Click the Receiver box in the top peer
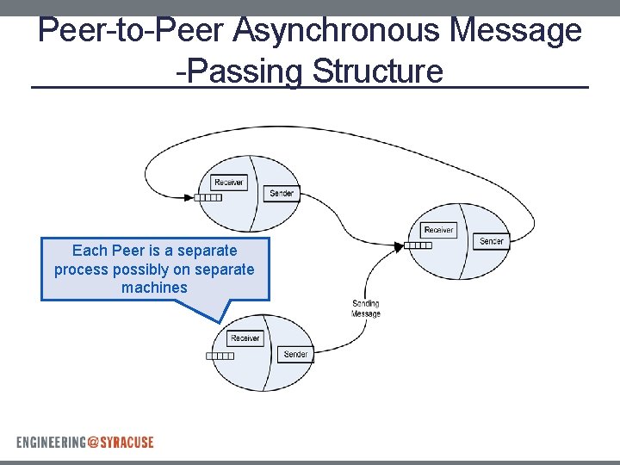pyautogui.click(x=228, y=183)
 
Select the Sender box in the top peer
pyautogui.click(x=282, y=194)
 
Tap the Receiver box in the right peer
pyautogui.click(x=438, y=230)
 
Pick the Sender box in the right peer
pyautogui.click(x=491, y=241)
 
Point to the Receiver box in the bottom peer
pyautogui.click(x=245, y=338)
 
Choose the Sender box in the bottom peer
pyautogui.click(x=295, y=354)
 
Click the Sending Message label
pyautogui.click(x=366, y=308)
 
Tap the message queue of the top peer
pyautogui.click(x=208, y=197)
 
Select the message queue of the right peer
pyautogui.click(x=418, y=245)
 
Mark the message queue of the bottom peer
pyautogui.click(x=220, y=356)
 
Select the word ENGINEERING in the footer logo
pyautogui.click(x=51, y=442)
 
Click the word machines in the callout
pyautogui.click(x=154, y=288)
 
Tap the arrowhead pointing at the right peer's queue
pyautogui.click(x=399, y=246)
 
